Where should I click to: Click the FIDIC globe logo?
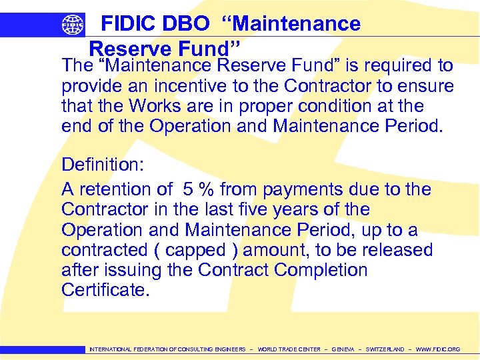(73, 25)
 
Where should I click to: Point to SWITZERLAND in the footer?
(385, 349)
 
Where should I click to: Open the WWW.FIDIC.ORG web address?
(438, 349)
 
